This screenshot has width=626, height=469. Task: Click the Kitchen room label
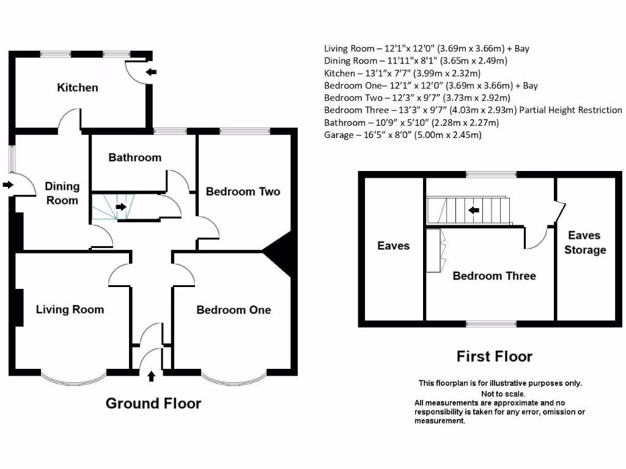78,87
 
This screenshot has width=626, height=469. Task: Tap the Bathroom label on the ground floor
134,158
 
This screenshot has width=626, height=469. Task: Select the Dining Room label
62,193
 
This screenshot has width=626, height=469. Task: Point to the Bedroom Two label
243,192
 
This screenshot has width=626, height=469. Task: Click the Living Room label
70,310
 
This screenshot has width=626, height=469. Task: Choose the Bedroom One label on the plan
234,310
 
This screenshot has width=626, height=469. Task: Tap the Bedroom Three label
494,276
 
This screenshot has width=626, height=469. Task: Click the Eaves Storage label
585,242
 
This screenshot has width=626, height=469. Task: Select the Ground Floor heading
153,404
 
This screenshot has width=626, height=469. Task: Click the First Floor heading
495,357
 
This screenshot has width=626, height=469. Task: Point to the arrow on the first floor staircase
473,211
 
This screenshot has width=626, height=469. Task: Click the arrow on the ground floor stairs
122,207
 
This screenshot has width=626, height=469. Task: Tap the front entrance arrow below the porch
152,376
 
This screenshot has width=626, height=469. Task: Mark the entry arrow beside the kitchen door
151,72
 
